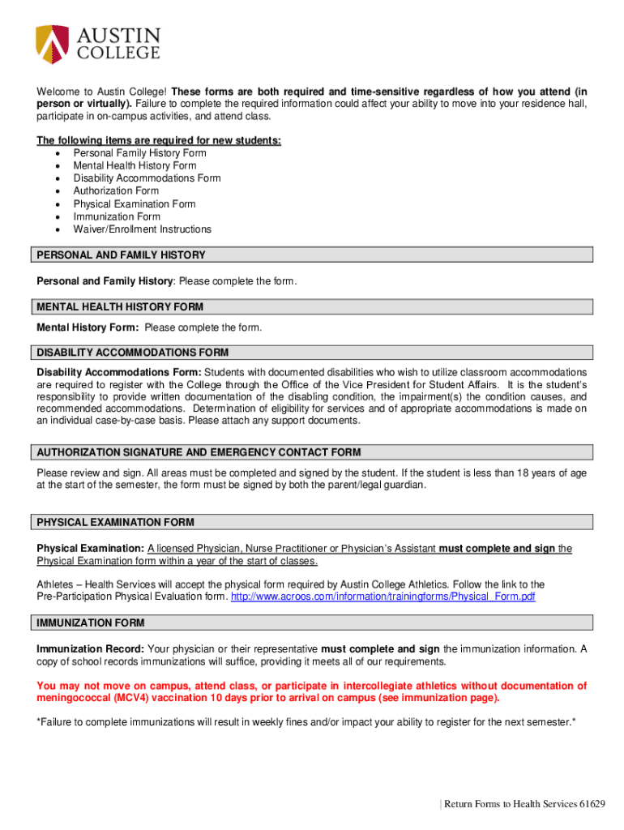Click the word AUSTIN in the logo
[x=119, y=36]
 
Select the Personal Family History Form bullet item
[x=139, y=153]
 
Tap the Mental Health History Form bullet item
[x=135, y=165]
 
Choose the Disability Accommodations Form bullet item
[x=147, y=178]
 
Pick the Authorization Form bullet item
[x=116, y=191]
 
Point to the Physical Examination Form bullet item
[x=134, y=204]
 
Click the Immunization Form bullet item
[x=117, y=216]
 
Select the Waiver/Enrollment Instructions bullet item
[x=142, y=229]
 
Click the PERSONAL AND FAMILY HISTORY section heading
[x=121, y=255]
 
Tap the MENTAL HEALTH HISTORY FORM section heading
[x=120, y=307]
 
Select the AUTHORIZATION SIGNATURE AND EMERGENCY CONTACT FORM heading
[x=199, y=452]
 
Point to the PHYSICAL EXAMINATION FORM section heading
[x=115, y=522]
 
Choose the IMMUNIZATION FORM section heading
[x=91, y=623]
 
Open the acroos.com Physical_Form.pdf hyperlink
[x=383, y=597]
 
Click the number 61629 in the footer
[x=592, y=804]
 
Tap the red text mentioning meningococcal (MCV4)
[x=311, y=691]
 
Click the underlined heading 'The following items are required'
[x=159, y=140]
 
